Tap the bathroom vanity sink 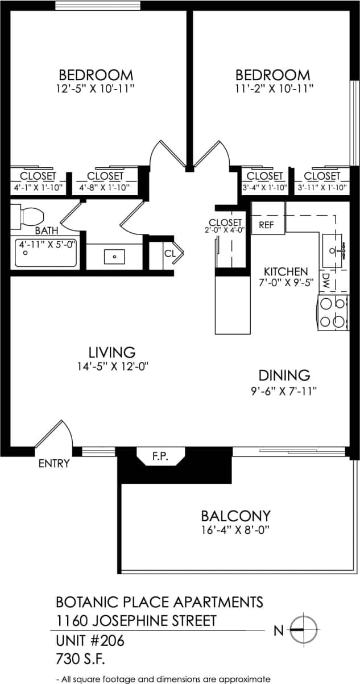[x=115, y=257]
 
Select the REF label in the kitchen [x=266, y=225]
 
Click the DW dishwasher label [x=326, y=280]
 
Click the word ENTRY [x=53, y=464]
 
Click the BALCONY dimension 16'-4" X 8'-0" [x=235, y=530]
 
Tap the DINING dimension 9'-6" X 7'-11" [x=284, y=390]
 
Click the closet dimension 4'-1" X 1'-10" [x=38, y=187]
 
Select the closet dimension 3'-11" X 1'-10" [x=322, y=187]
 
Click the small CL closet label [x=170, y=253]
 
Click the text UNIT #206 [x=89, y=641]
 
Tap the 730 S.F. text [x=81, y=660]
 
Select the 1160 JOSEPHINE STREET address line [x=136, y=620]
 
